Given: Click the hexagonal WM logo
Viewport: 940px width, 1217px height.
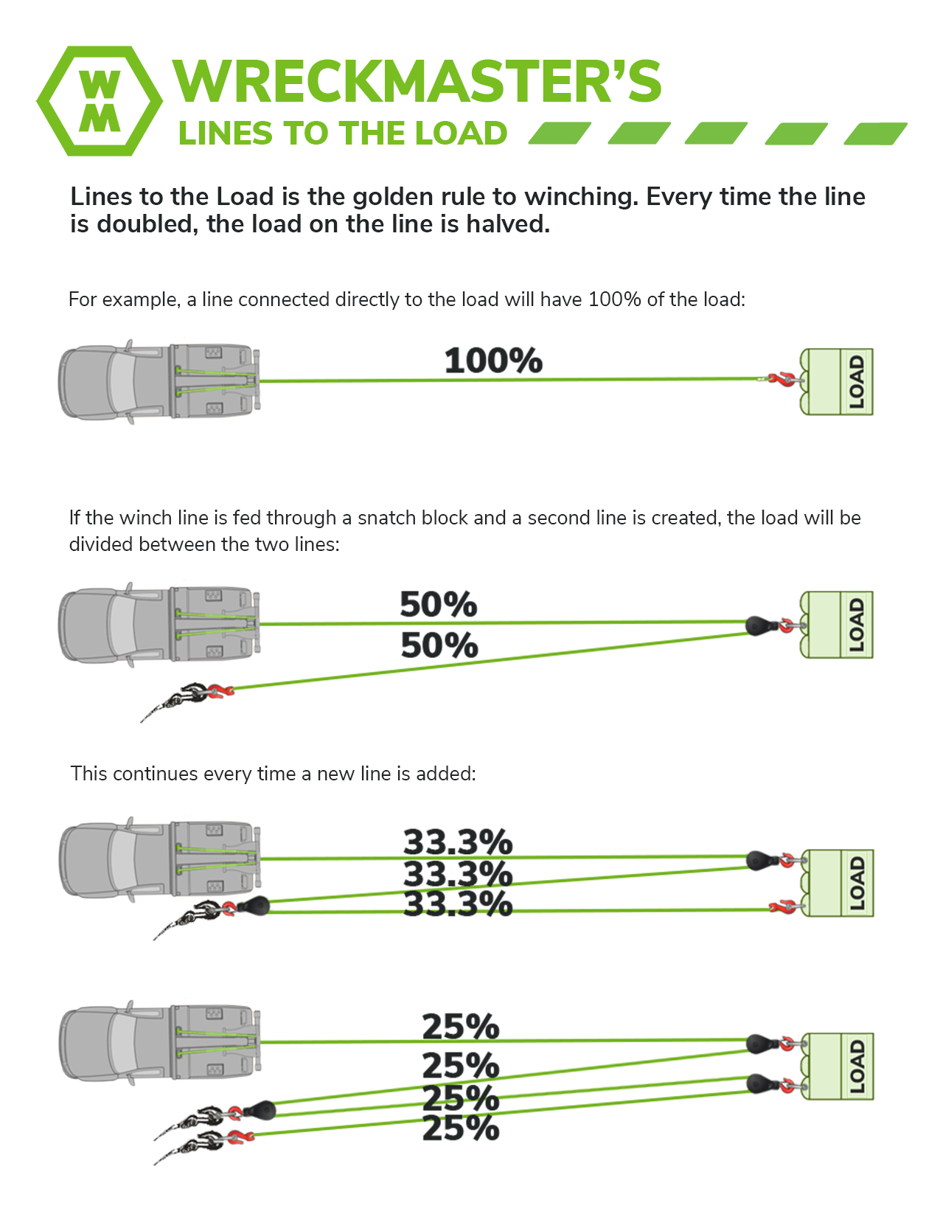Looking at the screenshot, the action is pyautogui.click(x=100, y=101).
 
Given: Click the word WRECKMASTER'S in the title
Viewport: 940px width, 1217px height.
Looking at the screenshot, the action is pyautogui.click(x=417, y=81).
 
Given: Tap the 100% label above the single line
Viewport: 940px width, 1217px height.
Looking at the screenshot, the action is pyautogui.click(x=493, y=360).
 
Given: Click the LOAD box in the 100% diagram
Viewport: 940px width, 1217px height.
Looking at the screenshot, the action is pyautogui.click(x=837, y=381).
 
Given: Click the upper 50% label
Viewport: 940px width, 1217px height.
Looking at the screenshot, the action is pyautogui.click(x=439, y=604).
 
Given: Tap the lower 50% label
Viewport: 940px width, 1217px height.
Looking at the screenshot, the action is pyautogui.click(x=439, y=645).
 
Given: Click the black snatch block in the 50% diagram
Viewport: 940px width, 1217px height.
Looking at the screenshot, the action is pyautogui.click(x=760, y=625).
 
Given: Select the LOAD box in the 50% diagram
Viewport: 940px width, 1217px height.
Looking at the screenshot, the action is pyautogui.click(x=837, y=625).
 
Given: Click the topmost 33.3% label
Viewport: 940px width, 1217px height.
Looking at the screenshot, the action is pyautogui.click(x=458, y=841).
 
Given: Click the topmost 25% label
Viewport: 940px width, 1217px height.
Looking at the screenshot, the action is pyautogui.click(x=461, y=1027).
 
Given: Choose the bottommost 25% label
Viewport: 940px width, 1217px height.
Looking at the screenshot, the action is pyautogui.click(x=461, y=1128).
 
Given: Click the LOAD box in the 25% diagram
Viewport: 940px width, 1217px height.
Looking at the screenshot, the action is pyautogui.click(x=838, y=1067).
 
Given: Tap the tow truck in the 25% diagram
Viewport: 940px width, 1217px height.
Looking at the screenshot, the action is pyautogui.click(x=159, y=1043).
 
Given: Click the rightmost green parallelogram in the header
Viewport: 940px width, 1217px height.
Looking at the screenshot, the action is pyautogui.click(x=875, y=134).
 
